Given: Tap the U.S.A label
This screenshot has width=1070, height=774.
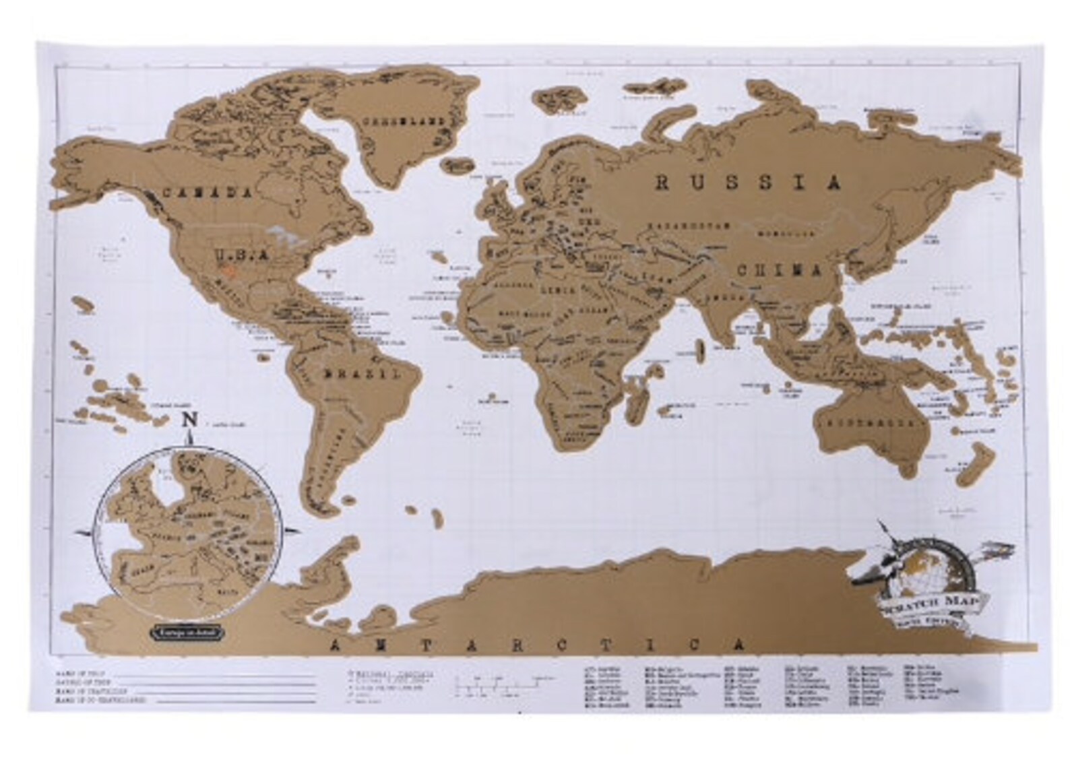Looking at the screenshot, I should tap(241, 255).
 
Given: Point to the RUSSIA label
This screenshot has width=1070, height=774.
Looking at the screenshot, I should tap(749, 183).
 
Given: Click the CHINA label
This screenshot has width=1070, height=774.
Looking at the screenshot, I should tap(780, 271).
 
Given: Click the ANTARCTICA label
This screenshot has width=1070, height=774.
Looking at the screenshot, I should tap(538, 645).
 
